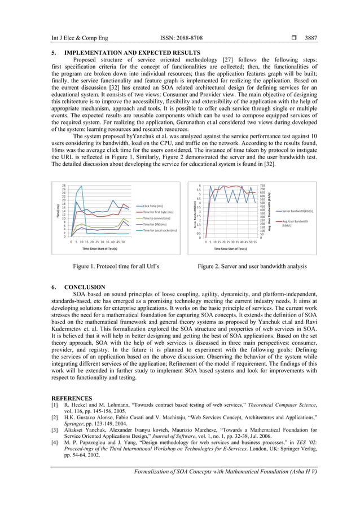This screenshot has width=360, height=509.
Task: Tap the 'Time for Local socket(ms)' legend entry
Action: (x=160, y=230)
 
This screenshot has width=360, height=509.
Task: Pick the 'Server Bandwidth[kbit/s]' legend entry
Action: (x=297, y=210)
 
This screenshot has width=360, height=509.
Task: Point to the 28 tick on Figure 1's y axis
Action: (x=64, y=185)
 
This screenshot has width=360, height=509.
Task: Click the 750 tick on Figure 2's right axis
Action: (x=262, y=185)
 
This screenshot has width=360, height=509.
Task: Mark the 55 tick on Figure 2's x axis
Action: (x=256, y=242)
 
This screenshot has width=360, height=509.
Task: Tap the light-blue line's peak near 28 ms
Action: (x=82, y=186)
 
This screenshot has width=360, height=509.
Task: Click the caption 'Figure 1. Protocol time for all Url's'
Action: (x=113, y=266)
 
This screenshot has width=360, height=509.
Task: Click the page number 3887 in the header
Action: (x=311, y=38)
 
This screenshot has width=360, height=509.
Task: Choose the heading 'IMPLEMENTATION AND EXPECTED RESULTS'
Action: (x=132, y=53)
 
